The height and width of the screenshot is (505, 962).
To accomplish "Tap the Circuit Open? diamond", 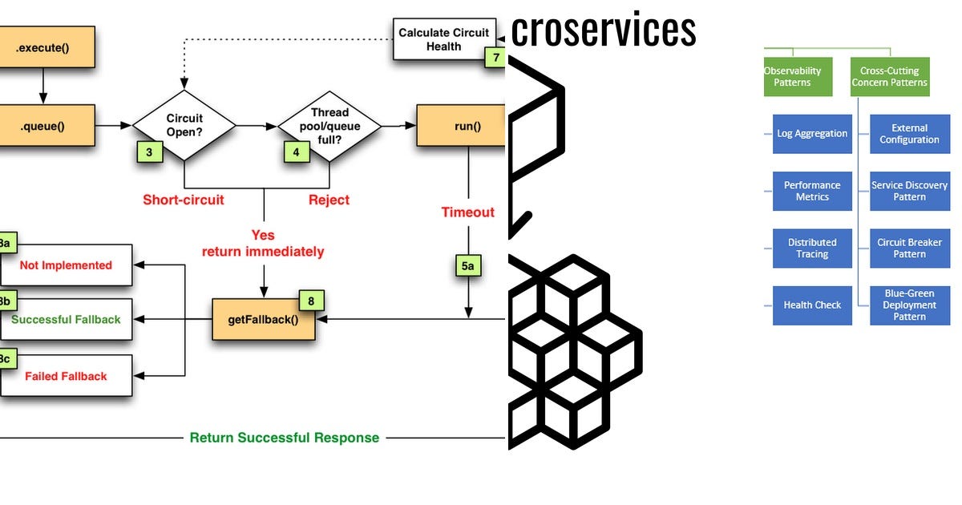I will (x=184, y=125).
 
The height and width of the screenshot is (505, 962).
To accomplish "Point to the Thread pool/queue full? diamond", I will (x=329, y=125).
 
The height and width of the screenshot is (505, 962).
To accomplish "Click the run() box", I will (x=462, y=126).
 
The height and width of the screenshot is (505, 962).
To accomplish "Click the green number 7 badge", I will (x=496, y=57).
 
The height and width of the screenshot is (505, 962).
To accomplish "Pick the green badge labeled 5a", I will (x=468, y=265).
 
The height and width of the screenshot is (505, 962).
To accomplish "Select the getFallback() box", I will (x=263, y=319).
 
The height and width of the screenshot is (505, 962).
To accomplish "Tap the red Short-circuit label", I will (x=184, y=200).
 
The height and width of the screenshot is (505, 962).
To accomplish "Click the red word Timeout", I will (x=467, y=212).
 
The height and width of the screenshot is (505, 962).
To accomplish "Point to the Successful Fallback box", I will (x=66, y=319).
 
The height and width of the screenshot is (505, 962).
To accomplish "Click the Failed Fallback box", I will (x=66, y=376).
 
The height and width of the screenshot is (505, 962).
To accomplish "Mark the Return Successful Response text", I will (x=284, y=438).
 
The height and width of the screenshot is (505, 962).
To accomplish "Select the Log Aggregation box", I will (x=812, y=134).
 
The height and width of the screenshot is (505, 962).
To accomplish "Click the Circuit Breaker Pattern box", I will (x=909, y=248).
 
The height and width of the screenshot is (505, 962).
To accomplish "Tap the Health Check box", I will (x=812, y=305).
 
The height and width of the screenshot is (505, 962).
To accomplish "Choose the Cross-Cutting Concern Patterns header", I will (x=890, y=77).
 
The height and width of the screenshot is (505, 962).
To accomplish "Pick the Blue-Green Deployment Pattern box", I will (x=909, y=305).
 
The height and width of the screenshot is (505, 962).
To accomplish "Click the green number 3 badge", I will (x=149, y=151).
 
